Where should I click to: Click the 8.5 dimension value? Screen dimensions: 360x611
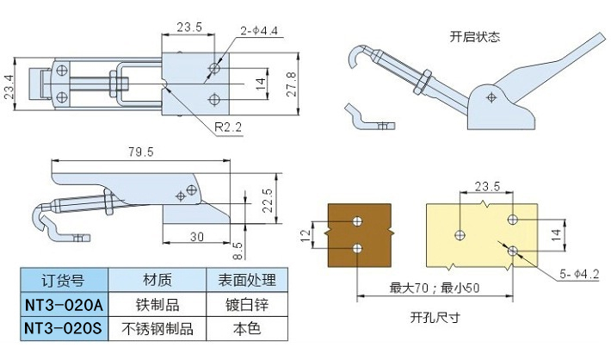[238, 249]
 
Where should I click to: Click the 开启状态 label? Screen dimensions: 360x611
[474, 36]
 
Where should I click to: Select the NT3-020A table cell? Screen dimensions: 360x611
[63, 304]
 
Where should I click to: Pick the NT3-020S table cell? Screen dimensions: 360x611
[63, 328]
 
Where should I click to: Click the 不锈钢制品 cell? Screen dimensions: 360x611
[158, 328]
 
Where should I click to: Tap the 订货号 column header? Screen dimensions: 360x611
[63, 280]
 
